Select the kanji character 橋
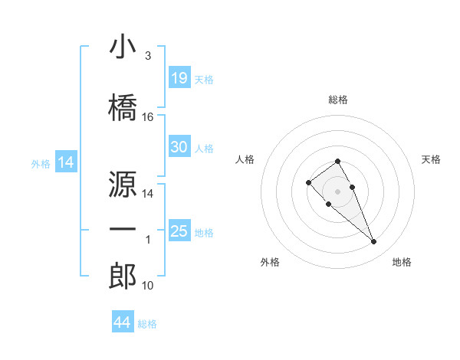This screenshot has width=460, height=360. point(123,107)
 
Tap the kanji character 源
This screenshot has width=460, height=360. point(123,184)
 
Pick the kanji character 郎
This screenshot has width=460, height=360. point(123,277)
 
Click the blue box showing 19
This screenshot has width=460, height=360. point(179,78)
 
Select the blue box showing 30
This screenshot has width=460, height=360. point(179,147)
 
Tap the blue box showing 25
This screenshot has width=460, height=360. point(179,231)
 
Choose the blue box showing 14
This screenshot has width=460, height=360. point(65,162)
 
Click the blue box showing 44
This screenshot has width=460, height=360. point(123,322)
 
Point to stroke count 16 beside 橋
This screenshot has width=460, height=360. point(148,117)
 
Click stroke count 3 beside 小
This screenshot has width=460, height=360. point(147,56)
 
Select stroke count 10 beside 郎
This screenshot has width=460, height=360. point(148,286)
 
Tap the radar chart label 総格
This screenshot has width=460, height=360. point(338,100)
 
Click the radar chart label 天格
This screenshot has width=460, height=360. point(431,159)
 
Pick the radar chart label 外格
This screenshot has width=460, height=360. point(270,262)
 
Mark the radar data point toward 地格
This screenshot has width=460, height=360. point(373,242)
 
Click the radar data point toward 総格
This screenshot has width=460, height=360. point(337,162)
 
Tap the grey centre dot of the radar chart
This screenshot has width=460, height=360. point(337,191)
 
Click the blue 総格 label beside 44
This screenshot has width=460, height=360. point(147,324)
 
